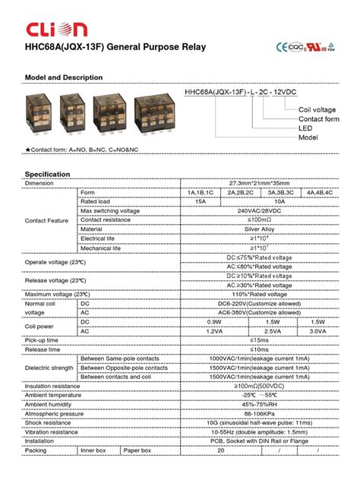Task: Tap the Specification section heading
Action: (x=48, y=174)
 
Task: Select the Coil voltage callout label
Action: (x=316, y=110)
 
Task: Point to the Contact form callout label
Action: (x=317, y=119)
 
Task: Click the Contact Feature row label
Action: (x=47, y=220)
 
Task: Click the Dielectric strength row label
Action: (x=50, y=367)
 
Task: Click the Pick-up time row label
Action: (x=42, y=339)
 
